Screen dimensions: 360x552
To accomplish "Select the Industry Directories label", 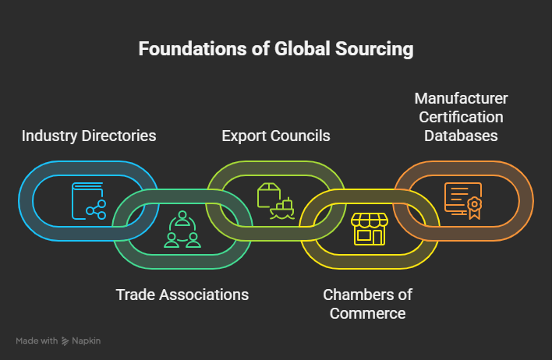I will pos(89,136).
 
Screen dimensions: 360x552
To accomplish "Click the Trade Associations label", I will pos(182,295).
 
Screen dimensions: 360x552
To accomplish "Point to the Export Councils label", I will pos(276,136).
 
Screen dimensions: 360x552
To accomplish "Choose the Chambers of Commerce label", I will pos(368,304).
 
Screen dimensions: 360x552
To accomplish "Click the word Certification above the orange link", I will pos(462,117).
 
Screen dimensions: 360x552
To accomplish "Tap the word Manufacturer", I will pos(462,99).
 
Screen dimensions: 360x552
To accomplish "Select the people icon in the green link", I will pos(182,230).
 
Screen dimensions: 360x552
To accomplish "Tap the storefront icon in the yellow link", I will pos(370,230).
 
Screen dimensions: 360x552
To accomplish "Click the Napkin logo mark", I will pos(66,341).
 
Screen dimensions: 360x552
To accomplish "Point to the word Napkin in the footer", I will pos(87,341).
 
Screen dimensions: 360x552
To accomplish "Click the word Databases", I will pos(462,136).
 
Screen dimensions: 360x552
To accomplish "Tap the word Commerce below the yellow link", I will pos(368,313).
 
